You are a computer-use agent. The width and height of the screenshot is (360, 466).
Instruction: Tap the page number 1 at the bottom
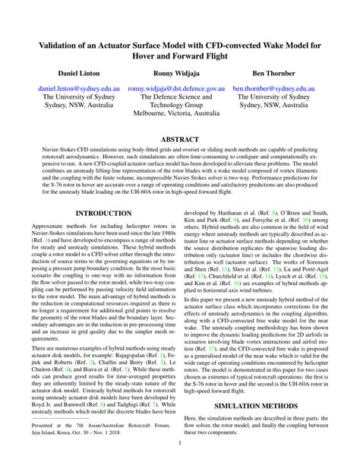(180, 442)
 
